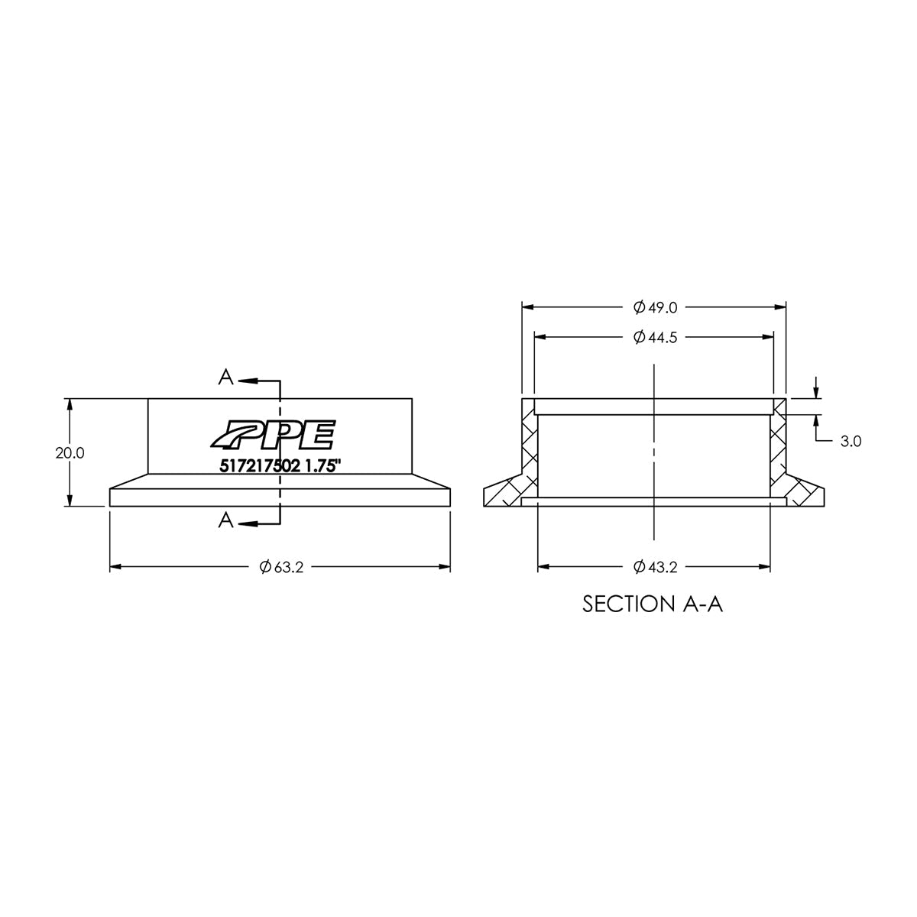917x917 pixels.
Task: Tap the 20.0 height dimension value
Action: (x=70, y=452)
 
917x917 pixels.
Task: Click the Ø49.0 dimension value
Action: (x=655, y=308)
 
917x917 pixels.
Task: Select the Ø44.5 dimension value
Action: (x=655, y=337)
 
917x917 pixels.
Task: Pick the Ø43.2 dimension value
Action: (x=655, y=567)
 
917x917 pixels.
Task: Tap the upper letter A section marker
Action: (x=225, y=377)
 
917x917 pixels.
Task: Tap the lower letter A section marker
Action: (x=225, y=520)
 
